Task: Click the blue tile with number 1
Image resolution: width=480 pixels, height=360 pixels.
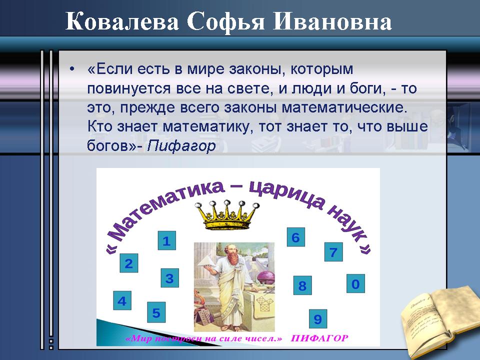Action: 167,240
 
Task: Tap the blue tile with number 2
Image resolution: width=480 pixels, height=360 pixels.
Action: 129,263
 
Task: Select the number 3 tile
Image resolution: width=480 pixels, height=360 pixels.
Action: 170,278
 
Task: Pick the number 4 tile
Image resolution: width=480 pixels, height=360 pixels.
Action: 122,300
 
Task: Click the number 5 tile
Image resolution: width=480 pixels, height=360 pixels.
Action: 156,312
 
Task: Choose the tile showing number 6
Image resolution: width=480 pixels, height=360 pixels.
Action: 295,237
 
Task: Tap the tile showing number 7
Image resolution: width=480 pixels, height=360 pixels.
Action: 333,252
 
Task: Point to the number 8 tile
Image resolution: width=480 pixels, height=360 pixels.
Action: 302,285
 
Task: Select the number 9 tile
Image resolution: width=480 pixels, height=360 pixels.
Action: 318,319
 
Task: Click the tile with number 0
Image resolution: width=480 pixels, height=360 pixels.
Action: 355,284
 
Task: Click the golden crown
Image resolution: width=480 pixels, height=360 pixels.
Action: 227,215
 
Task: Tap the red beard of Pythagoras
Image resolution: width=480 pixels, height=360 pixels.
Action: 233,259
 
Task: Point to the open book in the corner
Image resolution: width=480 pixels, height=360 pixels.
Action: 441,321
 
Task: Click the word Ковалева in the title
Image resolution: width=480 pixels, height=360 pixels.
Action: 122,21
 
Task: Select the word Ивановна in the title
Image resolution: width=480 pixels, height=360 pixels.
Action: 332,21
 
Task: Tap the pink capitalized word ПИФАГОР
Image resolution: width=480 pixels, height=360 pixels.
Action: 319,338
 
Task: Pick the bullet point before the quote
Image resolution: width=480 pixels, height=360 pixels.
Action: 72,69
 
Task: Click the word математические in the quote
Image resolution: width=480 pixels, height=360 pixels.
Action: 344,108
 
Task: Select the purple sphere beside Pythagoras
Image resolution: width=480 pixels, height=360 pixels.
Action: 265,278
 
